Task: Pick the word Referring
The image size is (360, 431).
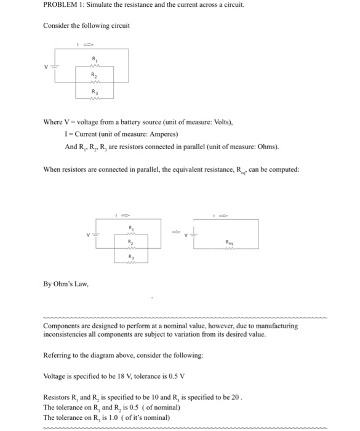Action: (x=60, y=355)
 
